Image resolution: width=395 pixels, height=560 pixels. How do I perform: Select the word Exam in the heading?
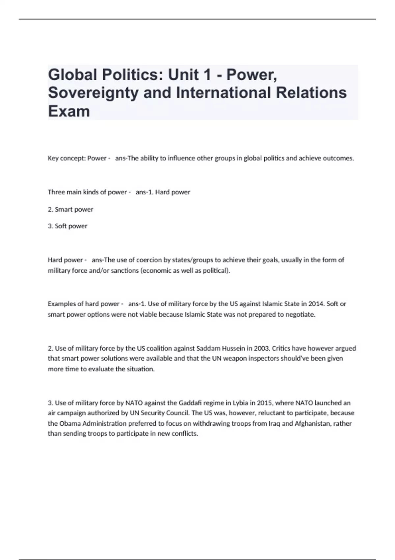coord(69,111)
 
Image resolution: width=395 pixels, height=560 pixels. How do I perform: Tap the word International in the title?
coord(223,93)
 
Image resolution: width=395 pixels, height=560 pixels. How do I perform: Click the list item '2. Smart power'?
coord(70,210)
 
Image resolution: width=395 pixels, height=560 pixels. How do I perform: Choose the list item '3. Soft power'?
coord(67,226)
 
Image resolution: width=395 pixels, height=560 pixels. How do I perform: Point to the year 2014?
coord(316,304)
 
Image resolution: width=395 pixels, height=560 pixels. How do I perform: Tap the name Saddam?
coord(208,349)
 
